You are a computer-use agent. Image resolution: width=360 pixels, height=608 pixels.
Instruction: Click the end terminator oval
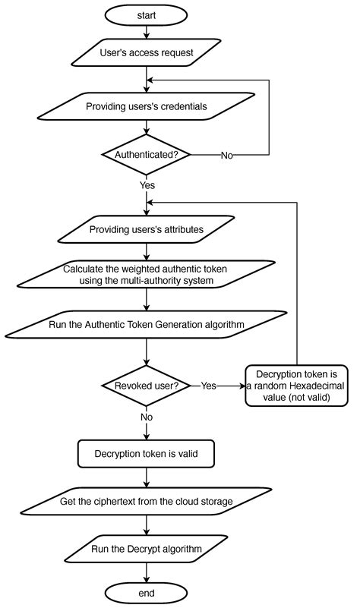(145, 591)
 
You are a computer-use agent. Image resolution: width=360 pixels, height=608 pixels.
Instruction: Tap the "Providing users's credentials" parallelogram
(145, 106)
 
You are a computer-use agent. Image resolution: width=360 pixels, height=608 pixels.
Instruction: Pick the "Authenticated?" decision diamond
(145, 154)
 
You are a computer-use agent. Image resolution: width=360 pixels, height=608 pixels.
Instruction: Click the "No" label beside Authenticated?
(226, 155)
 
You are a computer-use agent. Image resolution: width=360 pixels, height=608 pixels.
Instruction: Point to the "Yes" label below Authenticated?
(147, 184)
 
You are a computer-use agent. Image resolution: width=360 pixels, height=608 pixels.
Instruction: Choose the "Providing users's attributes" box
(145, 229)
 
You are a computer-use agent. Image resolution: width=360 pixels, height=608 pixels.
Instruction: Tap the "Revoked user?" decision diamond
(145, 385)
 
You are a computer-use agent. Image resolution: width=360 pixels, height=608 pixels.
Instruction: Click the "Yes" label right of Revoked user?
(208, 386)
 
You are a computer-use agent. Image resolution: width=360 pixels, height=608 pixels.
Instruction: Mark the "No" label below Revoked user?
(147, 416)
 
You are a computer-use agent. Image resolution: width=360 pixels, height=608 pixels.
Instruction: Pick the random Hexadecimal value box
(296, 385)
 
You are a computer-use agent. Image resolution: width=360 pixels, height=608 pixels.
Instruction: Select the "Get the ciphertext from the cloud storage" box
(145, 502)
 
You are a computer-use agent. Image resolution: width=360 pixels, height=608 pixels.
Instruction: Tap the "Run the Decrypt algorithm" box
(145, 548)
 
